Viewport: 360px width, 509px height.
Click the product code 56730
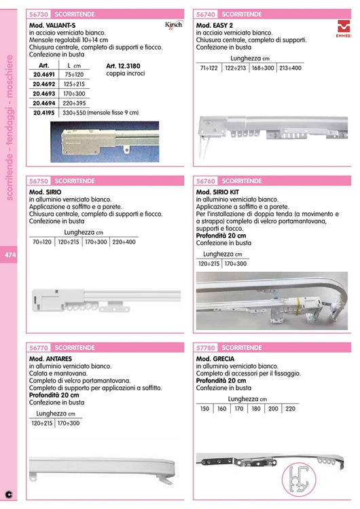click(x=39, y=13)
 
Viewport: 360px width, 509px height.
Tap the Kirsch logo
click(x=174, y=25)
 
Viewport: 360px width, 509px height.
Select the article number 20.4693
click(x=44, y=94)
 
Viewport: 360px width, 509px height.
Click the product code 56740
click(x=206, y=13)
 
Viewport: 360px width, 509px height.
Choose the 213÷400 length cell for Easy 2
click(x=289, y=68)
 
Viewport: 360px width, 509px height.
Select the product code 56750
click(x=39, y=181)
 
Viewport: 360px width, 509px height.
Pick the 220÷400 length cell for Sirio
click(x=124, y=242)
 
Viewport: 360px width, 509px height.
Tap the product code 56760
click(x=206, y=181)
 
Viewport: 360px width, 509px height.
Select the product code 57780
click(x=206, y=347)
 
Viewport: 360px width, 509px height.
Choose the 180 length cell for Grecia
click(x=255, y=409)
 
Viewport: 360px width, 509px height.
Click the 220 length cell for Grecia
click(x=289, y=409)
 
